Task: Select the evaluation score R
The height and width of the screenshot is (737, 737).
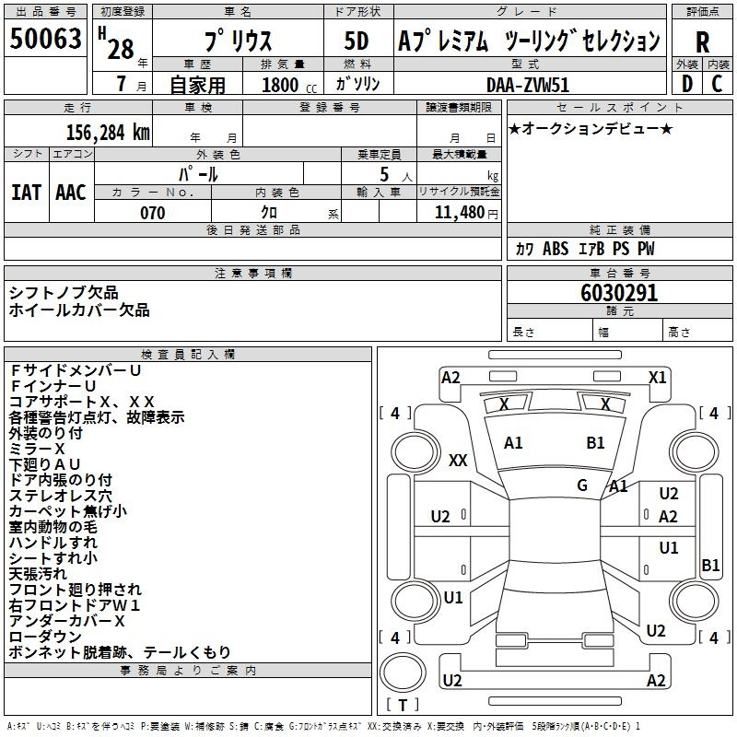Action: pos(702,42)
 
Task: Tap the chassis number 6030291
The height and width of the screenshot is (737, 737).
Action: pos(619,293)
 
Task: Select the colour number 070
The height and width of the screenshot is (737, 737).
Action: pos(152,213)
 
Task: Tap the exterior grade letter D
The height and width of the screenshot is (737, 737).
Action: pos(686,84)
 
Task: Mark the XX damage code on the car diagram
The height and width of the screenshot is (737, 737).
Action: pos(458,461)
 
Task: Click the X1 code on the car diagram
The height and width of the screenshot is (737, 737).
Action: pos(657,377)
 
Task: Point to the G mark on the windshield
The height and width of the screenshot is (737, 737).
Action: pos(582,485)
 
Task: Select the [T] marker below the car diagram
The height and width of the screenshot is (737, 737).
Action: pos(402,706)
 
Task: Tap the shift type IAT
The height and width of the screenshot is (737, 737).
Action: pos(26,192)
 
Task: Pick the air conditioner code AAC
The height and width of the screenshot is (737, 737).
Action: pos(71,192)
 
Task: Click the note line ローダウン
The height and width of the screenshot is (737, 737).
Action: pos(45,637)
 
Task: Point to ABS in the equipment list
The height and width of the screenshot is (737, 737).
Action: pos(556,249)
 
